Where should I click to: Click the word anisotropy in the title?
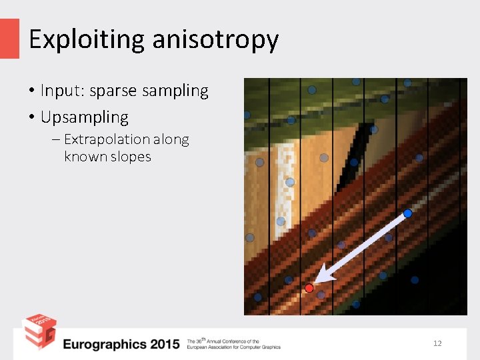click(x=215, y=40)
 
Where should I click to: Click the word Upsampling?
click(x=85, y=117)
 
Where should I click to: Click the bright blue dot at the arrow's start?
click(x=407, y=213)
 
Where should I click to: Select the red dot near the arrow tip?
click(x=309, y=288)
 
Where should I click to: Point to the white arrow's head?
click(x=323, y=274)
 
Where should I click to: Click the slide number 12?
click(x=437, y=343)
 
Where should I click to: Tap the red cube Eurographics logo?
click(x=39, y=331)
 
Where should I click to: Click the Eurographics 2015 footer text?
click(x=121, y=344)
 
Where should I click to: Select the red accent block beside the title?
click(x=9, y=38)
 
